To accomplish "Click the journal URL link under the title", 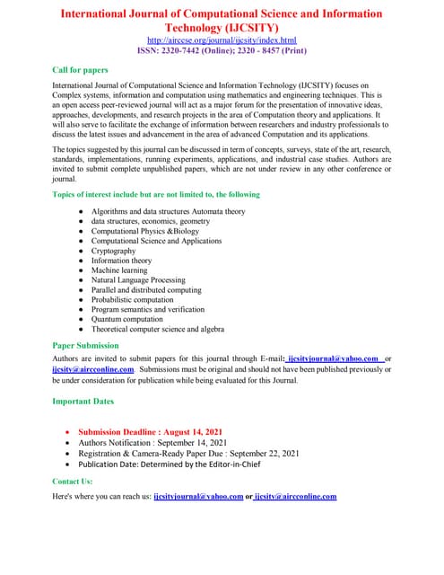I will point(222,40).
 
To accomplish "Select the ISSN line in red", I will point(222,51).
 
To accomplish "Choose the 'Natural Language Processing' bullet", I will point(138,280).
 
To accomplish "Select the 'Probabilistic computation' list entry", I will point(135,300).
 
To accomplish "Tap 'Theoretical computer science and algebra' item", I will point(158,329).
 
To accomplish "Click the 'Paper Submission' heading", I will point(85,345).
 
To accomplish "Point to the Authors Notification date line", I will point(152,442).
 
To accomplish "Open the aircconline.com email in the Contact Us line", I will point(295,496).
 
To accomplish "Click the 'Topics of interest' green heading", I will point(156,194).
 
